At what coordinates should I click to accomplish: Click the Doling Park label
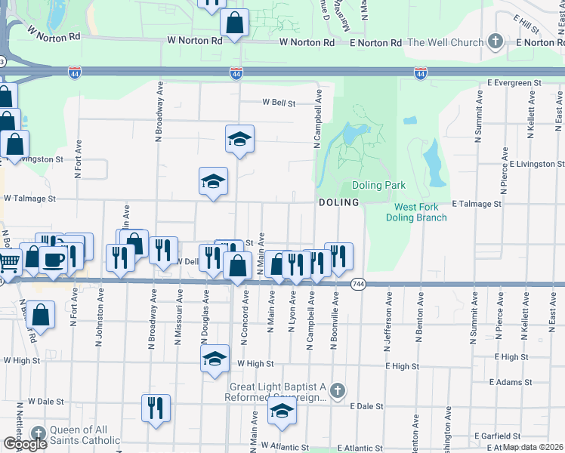tap(378, 185)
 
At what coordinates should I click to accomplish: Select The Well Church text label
tap(445, 42)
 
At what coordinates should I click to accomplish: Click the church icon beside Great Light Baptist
tap(338, 390)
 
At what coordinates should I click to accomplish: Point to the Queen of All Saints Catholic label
tap(85, 435)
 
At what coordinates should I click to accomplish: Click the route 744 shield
tap(358, 283)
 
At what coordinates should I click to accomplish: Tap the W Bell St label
tap(277, 102)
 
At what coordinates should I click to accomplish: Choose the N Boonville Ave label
tap(334, 322)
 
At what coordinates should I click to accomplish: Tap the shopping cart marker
tap(8, 263)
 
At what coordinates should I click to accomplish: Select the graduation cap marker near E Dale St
tap(282, 411)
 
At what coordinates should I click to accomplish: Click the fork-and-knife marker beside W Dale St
tap(156, 408)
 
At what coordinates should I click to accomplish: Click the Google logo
tap(25, 444)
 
